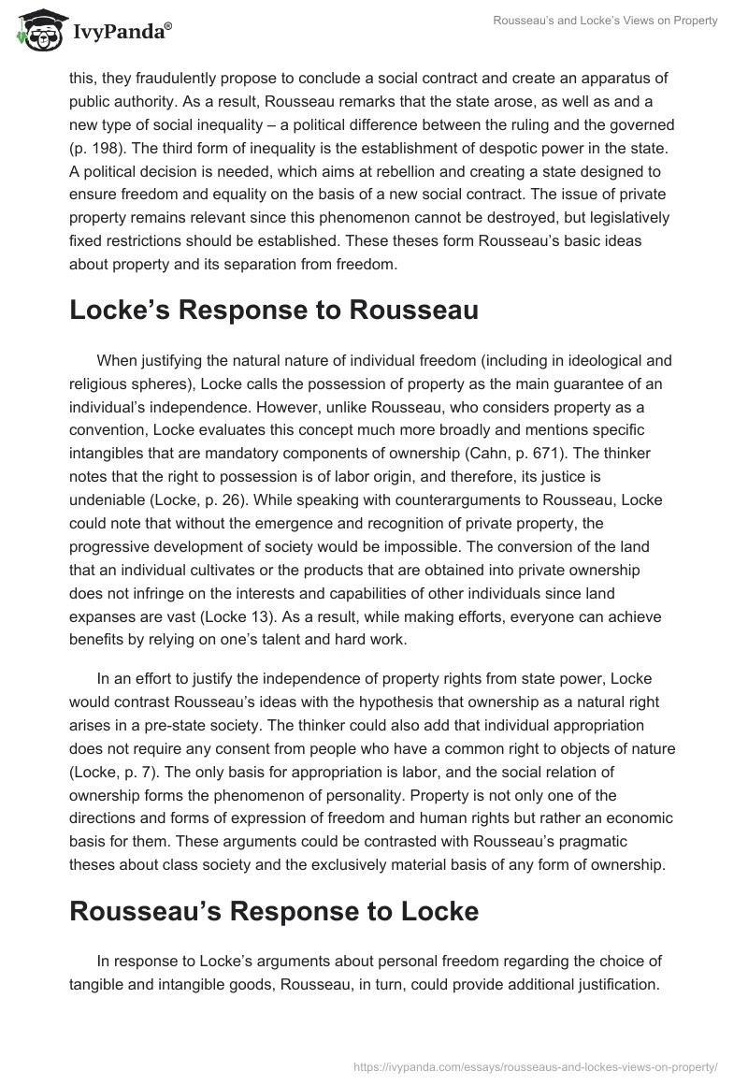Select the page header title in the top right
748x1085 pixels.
(x=605, y=21)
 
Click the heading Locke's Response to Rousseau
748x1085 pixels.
(x=273, y=311)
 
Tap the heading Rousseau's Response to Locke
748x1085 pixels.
(x=273, y=911)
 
